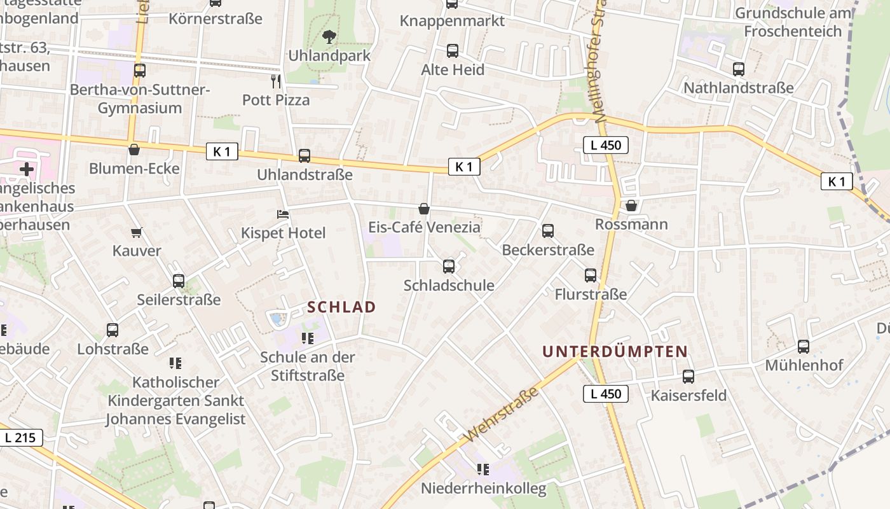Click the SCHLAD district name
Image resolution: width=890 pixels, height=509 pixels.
pyautogui.click(x=341, y=307)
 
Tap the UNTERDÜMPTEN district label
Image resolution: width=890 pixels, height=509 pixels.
pyautogui.click(x=615, y=351)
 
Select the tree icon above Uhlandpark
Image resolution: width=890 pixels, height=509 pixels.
pyautogui.click(x=329, y=37)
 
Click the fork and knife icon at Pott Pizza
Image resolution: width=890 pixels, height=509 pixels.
pyautogui.click(x=276, y=81)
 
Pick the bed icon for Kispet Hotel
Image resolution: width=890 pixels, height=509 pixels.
pyautogui.click(x=283, y=214)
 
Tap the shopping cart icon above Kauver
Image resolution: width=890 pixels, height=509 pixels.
pyautogui.click(x=136, y=232)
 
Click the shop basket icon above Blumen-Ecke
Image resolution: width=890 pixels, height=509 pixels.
pyautogui.click(x=134, y=150)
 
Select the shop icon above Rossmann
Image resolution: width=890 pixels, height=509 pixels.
pyautogui.click(x=631, y=206)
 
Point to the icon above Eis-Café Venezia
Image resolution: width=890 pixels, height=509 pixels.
pyautogui.click(x=424, y=209)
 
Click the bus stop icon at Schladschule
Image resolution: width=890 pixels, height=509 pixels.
pyautogui.click(x=449, y=267)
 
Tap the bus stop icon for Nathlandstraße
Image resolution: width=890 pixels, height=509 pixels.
pyautogui.click(x=739, y=69)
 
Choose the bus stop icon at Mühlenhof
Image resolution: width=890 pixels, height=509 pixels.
pyautogui.click(x=804, y=347)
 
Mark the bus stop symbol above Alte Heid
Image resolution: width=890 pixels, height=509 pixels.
pyautogui.click(x=453, y=51)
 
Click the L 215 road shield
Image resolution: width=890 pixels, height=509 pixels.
pyautogui.click(x=21, y=438)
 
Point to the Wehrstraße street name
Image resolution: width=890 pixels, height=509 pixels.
pyautogui.click(x=502, y=415)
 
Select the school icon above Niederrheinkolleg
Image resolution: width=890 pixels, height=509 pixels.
pyautogui.click(x=483, y=470)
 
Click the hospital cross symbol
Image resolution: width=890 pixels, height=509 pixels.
pyautogui.click(x=26, y=169)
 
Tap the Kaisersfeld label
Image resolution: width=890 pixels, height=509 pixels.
pyautogui.click(x=688, y=395)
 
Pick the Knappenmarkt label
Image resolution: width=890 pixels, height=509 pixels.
pyautogui.click(x=452, y=21)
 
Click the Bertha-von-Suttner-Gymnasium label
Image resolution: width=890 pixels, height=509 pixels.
pyautogui.click(x=140, y=99)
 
